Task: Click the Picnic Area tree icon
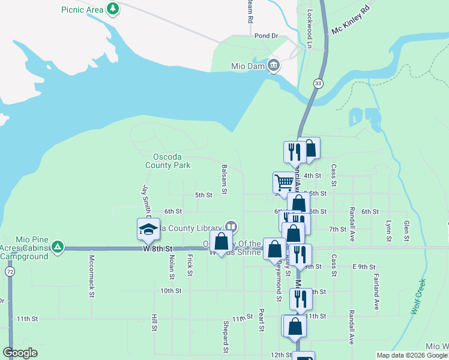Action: [112, 9]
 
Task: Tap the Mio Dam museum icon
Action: [274, 65]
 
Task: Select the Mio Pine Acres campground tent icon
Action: [57, 247]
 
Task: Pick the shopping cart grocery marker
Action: [283, 181]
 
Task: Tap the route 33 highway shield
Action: [318, 83]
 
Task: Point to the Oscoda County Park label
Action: [167, 161]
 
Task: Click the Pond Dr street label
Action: [266, 36]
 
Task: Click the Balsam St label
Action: [224, 179]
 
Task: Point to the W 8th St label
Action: [157, 248]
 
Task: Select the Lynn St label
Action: [389, 230]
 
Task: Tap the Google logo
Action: [20, 353]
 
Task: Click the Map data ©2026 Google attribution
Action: [412, 355]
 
